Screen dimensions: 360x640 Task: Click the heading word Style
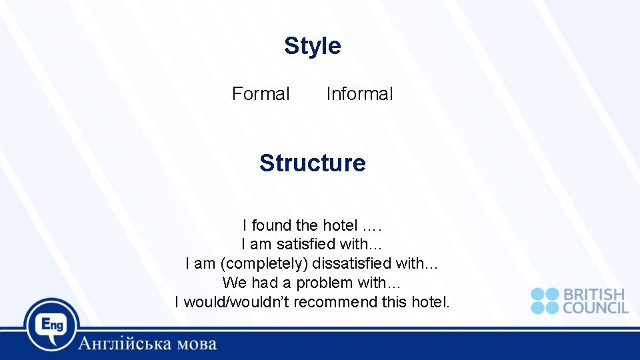[312, 46]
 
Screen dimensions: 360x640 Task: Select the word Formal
[261, 94]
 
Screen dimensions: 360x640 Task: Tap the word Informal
[359, 94]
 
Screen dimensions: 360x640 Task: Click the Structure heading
[312, 163]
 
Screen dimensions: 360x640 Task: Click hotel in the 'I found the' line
[340, 225]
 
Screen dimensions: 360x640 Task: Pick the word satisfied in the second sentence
[309, 245]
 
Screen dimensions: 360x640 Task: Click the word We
[234, 283]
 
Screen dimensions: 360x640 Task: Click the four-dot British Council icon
[545, 301]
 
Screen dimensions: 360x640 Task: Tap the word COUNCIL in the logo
[595, 308]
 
